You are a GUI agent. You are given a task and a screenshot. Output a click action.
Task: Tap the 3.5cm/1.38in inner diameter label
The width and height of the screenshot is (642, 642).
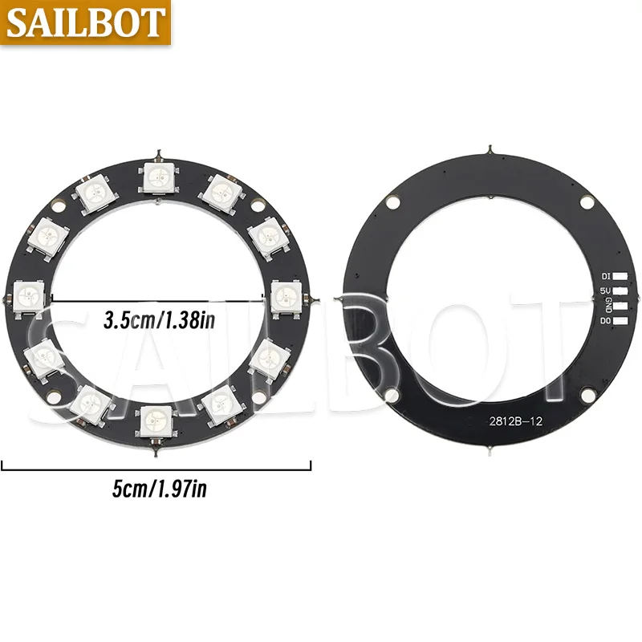[159, 320]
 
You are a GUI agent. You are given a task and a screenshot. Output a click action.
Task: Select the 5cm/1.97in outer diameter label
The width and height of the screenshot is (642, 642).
[159, 489]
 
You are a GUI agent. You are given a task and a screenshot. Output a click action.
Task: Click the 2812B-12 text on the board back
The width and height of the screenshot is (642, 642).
[515, 421]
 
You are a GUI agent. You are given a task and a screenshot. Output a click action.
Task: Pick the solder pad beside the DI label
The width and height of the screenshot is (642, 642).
[620, 277]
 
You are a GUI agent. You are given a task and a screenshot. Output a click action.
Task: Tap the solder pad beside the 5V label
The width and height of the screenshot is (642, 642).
[620, 291]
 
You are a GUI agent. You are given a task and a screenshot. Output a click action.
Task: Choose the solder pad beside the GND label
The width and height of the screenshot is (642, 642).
[620, 306]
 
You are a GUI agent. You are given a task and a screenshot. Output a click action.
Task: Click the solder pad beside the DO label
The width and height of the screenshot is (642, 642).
[620, 320]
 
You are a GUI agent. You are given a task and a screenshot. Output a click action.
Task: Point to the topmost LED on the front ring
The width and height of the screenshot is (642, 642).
[158, 177]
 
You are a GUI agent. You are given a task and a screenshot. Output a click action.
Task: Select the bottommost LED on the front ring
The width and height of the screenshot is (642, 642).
[156, 422]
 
